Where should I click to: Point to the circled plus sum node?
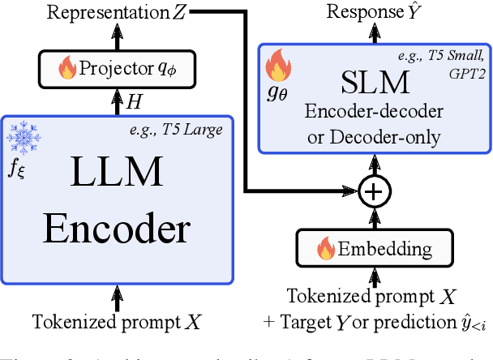coord(374,191)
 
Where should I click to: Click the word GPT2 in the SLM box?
coord(463,71)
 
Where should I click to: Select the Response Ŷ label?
coord(362,11)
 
